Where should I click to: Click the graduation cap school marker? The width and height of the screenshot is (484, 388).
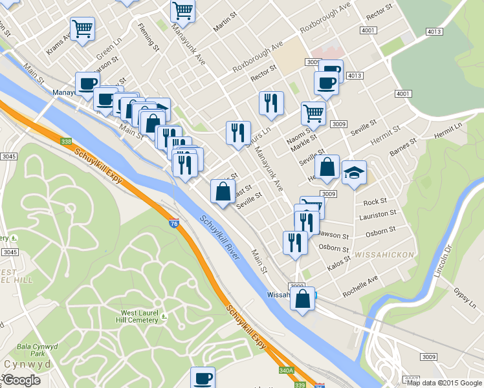(x=354, y=173)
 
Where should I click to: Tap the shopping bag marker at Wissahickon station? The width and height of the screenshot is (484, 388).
(x=302, y=299)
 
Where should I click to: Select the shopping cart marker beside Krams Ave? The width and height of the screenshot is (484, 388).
(x=82, y=30)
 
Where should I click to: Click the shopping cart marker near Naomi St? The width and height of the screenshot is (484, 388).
(x=313, y=113)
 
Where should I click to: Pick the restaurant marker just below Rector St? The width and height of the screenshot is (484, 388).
(x=271, y=103)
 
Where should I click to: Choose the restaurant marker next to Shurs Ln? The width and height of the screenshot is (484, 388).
(x=237, y=133)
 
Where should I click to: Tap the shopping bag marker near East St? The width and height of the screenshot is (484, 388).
(x=223, y=192)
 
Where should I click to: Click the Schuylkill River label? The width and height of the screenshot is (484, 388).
(x=219, y=238)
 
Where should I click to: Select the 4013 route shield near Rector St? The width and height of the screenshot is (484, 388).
(x=354, y=76)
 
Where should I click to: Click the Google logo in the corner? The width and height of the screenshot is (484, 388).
(x=21, y=380)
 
